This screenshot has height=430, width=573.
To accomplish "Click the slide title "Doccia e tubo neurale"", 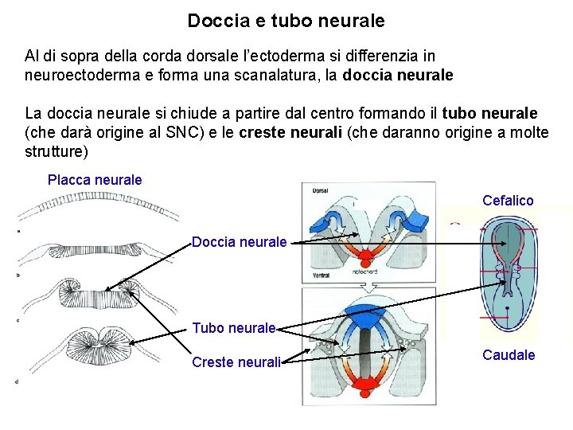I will [x=286, y=21].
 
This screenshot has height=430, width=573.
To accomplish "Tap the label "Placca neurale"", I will [x=95, y=180].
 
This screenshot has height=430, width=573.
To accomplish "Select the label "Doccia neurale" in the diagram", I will [x=239, y=241].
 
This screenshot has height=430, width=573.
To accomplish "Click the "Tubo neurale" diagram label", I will [x=234, y=327].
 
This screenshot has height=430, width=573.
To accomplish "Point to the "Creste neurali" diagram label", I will [x=236, y=362].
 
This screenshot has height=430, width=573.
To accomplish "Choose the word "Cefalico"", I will [x=508, y=201].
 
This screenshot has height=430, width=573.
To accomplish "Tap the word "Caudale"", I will [x=509, y=355].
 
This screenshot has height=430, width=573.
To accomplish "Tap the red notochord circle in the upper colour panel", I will [x=367, y=257].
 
